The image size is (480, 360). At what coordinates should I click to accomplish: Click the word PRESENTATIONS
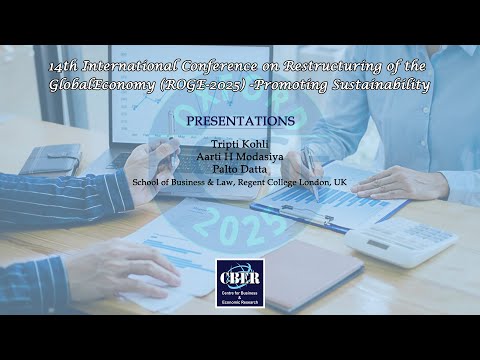[240, 121]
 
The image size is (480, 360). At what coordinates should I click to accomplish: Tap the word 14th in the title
[66, 67]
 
